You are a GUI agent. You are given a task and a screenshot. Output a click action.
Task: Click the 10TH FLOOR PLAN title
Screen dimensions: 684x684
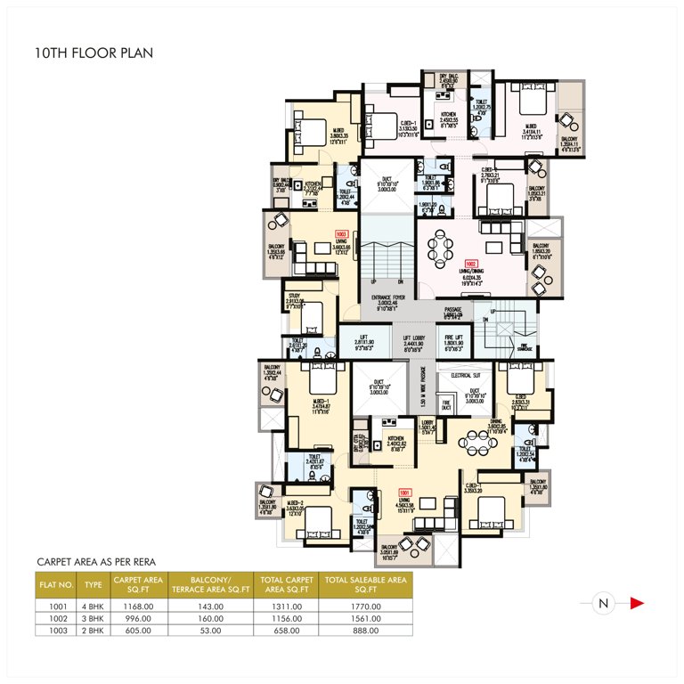[x=93, y=53]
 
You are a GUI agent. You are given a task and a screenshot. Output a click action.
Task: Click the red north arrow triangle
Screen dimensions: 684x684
[x=636, y=604]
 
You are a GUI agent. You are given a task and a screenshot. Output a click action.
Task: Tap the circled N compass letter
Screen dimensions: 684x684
[x=603, y=604]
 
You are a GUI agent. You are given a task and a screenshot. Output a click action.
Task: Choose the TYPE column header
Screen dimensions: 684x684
[x=93, y=583]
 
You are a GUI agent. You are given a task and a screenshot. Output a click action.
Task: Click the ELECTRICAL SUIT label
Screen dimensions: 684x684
[x=466, y=377]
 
